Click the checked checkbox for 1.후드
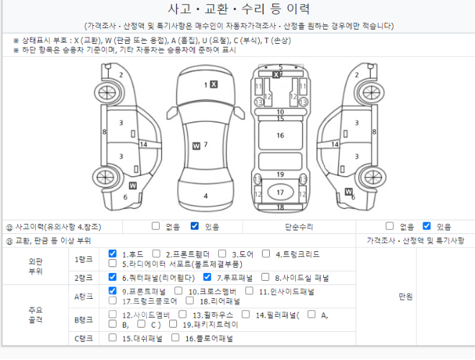[x=112, y=253]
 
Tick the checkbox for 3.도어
[x=222, y=253]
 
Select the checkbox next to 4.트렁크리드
[x=266, y=253]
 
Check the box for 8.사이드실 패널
[x=265, y=277]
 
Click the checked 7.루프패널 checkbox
[x=207, y=277]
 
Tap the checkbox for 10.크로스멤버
[x=178, y=291]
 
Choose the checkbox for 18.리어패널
[x=189, y=301]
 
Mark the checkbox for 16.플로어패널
[x=175, y=338]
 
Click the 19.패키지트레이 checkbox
[x=173, y=324]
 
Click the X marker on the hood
[x=214, y=84]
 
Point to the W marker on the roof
[x=196, y=146]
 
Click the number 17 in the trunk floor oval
[x=280, y=192]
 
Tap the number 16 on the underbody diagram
[x=280, y=135]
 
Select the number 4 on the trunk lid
[x=206, y=196]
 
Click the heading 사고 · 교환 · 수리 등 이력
[x=239, y=9]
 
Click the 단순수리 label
[x=299, y=227]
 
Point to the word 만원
[x=406, y=297]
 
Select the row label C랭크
[x=83, y=338]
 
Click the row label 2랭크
[x=83, y=278]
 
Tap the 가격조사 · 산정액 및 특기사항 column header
[x=415, y=240]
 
